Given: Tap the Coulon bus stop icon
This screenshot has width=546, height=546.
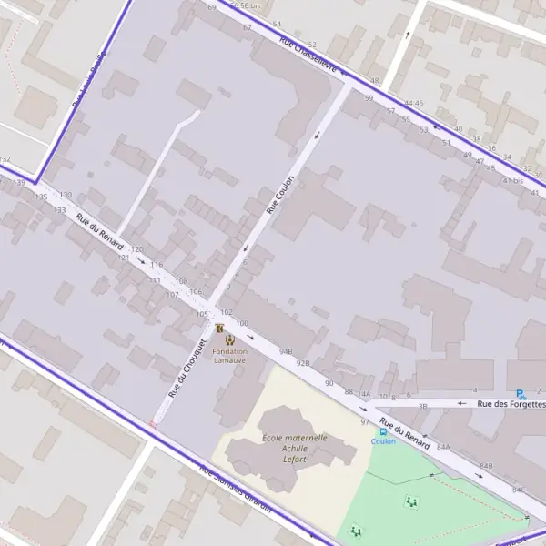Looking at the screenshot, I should (x=382, y=432).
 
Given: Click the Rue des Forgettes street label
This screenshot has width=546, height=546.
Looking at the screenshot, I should (x=511, y=403).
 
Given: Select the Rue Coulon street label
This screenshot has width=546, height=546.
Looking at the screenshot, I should (x=280, y=195).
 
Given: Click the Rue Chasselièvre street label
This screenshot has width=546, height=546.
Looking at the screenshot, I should (x=308, y=56).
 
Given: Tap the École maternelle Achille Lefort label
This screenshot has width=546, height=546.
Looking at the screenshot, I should (x=294, y=448).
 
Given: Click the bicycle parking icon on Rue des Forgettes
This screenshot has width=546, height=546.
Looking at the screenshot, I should (x=521, y=394).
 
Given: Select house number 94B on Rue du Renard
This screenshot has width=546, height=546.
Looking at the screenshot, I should (x=287, y=351).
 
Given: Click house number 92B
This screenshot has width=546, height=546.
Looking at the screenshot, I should (x=303, y=363).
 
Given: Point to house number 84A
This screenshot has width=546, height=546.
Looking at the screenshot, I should (x=443, y=447).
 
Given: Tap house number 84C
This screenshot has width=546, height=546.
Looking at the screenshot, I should (x=518, y=490).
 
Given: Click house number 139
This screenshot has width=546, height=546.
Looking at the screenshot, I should (x=19, y=183).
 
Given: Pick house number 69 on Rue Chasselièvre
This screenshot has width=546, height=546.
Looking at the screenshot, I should (x=212, y=7).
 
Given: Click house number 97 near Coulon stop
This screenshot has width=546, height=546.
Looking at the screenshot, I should (x=365, y=422).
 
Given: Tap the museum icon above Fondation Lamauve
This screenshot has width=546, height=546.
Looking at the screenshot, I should (x=219, y=328).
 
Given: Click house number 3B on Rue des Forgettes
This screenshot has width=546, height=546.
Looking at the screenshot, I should (x=422, y=406).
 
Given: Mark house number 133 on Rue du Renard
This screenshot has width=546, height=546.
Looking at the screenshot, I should (x=60, y=210).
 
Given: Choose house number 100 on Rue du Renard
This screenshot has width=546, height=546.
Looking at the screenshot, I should (x=241, y=324).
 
